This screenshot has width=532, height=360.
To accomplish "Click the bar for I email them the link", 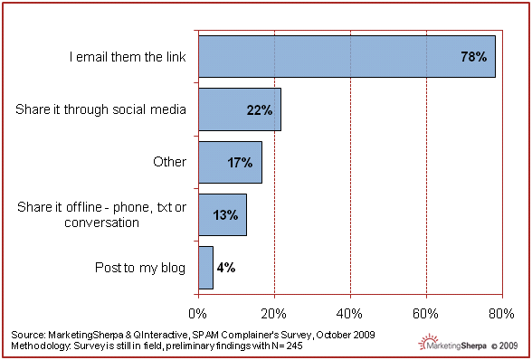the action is pos(347,57).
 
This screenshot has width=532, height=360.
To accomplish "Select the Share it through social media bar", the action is pos(240,109).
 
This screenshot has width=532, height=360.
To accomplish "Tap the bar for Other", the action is pos(230,162).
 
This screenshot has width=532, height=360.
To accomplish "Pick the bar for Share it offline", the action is pos(223,214).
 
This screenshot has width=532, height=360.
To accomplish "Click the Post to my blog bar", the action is pos(205,268).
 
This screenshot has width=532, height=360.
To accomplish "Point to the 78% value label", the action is pos(474,57).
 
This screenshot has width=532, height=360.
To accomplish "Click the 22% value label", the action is pos(260,110).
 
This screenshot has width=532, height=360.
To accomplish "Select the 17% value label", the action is pos(240,163).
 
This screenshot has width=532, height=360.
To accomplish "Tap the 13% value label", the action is pos(225,215).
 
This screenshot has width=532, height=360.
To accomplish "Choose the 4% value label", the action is pos(226,268).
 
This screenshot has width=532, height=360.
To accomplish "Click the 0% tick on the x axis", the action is pos(197,314).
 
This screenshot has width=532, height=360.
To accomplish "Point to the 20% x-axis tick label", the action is pos(273,314).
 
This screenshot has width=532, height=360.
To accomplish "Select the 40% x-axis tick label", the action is pos(349,314).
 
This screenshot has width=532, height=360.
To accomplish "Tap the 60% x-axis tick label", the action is pos(425,314).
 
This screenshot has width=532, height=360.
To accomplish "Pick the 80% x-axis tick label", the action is pos(501,314).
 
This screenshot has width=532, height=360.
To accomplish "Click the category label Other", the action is pos(170,162).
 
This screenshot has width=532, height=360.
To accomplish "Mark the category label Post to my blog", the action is pos(140,268).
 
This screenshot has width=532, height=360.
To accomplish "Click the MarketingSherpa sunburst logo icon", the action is pos(428,341).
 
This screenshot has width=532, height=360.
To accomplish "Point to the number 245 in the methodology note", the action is pos(295,346).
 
